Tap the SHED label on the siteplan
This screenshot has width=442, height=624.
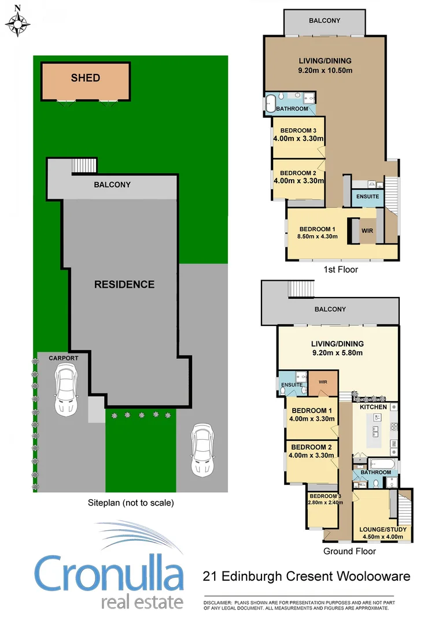(x=85, y=78)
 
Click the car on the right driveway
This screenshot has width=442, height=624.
(x=201, y=448)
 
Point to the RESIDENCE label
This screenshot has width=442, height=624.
(x=124, y=284)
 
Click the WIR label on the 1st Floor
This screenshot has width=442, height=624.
(x=367, y=231)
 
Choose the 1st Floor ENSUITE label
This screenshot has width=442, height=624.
(x=367, y=196)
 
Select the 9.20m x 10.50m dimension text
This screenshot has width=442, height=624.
(x=325, y=70)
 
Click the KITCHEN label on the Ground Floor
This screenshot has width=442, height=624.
(x=373, y=407)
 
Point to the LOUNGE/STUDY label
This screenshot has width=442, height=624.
(x=383, y=529)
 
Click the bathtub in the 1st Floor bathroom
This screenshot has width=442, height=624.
(x=271, y=104)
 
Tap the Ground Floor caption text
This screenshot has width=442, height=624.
(x=350, y=551)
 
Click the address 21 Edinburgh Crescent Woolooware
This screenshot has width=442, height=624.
(x=306, y=576)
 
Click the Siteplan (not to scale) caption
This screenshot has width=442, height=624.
(x=130, y=503)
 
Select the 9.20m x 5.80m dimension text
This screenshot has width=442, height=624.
(x=337, y=352)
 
